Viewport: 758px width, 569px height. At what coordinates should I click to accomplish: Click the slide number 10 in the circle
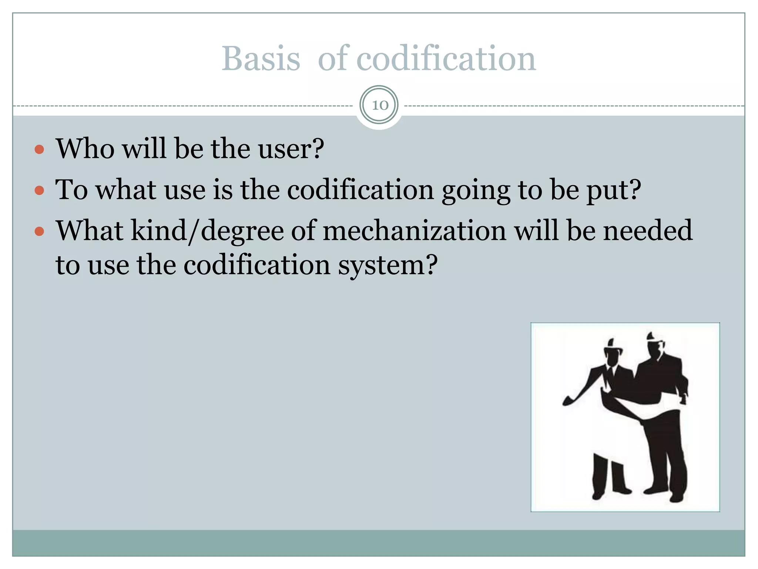point(379,105)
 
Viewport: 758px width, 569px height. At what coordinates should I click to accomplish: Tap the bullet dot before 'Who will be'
point(39,150)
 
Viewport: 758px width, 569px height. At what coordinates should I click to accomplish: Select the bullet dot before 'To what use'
point(39,190)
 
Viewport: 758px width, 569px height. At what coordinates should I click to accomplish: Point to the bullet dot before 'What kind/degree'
point(39,232)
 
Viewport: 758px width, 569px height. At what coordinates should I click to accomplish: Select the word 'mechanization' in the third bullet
point(415,230)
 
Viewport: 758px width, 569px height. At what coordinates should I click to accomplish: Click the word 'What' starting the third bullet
point(89,230)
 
